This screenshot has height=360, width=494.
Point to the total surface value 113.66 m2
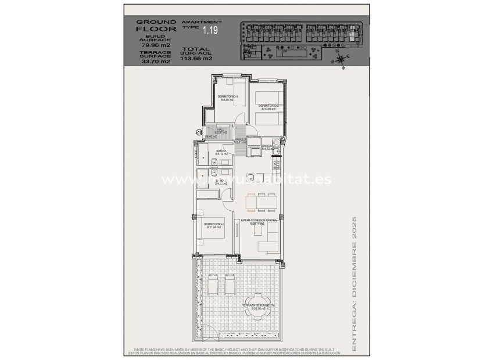point(196,58)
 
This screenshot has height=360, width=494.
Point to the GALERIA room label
point(268,147)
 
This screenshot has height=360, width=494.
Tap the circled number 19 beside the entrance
point(199,133)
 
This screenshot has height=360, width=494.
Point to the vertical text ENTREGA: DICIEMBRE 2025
point(355,285)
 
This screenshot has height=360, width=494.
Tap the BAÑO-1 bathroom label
point(223,152)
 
